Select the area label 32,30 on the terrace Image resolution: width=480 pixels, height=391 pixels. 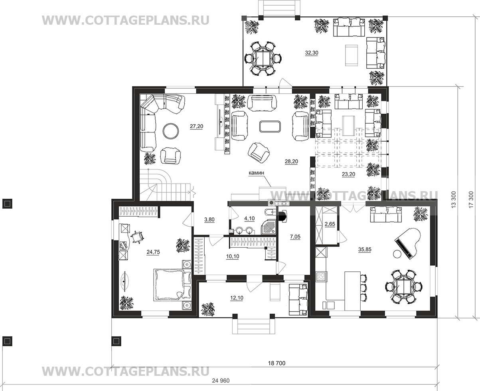pyautogui.click(x=312, y=53)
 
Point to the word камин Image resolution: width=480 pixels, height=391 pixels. pyautogui.click(x=256, y=173)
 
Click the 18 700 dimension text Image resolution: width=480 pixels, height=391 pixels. pyautogui.click(x=277, y=363)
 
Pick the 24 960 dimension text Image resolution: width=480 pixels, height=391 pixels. pyautogui.click(x=221, y=381)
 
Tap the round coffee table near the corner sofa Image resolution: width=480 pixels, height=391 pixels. pyautogui.click(x=171, y=131)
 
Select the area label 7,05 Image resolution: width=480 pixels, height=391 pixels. pyautogui.click(x=295, y=237)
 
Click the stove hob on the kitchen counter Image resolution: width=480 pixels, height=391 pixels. pyautogui.click(x=322, y=276)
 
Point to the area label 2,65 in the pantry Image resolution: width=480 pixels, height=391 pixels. pyautogui.click(x=330, y=224)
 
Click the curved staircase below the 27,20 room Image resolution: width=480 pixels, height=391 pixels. pyautogui.click(x=166, y=184)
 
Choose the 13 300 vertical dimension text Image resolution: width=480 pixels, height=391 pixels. pyautogui.click(x=454, y=199)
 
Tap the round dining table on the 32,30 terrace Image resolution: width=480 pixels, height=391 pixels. pyautogui.click(x=263, y=58)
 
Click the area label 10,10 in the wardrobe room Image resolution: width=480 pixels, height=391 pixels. pyautogui.click(x=233, y=257)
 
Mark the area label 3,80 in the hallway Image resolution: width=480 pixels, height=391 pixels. pyautogui.click(x=209, y=219)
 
